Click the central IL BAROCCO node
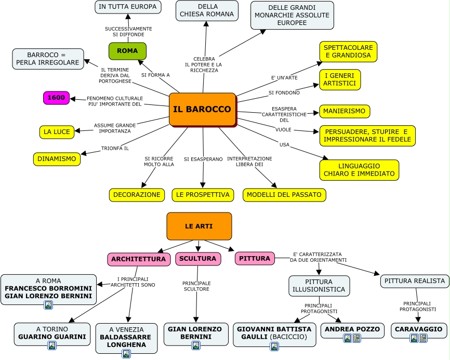[x=202, y=109]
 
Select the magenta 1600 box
[x=56, y=98]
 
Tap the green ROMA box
[x=127, y=51]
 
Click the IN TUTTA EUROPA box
[x=128, y=7]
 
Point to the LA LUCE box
[x=57, y=132]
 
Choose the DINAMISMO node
[x=57, y=159]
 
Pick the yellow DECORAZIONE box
[x=137, y=195]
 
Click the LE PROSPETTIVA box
[x=203, y=195]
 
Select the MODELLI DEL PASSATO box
[x=284, y=195]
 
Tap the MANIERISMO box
[x=345, y=111]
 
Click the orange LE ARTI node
[x=199, y=226]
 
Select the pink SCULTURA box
[x=198, y=259]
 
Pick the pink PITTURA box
[x=255, y=258]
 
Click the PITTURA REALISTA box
[x=415, y=281]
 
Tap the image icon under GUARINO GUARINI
[x=52, y=345]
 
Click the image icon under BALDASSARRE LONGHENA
[x=126, y=353]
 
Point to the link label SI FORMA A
[x=155, y=75]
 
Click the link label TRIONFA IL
[x=115, y=149]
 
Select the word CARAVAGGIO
[x=419, y=329]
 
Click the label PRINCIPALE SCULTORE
[x=196, y=286]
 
